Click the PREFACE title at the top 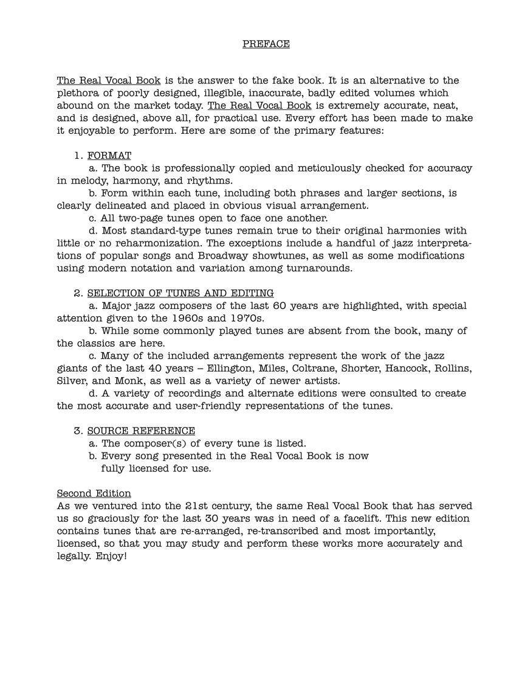(266, 44)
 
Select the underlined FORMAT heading (109, 156)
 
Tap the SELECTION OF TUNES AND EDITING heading (180, 293)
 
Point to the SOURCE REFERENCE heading (141, 431)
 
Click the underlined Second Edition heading (94, 493)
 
